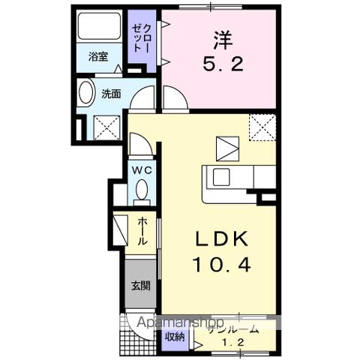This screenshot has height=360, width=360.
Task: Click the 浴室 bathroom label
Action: (98, 56)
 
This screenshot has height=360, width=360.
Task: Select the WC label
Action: (142, 171)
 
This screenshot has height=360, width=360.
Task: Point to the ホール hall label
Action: (143, 231)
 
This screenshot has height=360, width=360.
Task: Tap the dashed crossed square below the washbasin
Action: (107, 128)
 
